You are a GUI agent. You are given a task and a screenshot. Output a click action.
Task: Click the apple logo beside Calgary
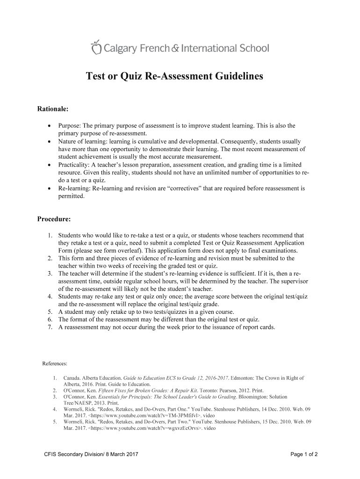[x=95, y=47]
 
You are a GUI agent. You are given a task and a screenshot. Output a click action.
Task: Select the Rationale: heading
[x=53, y=109]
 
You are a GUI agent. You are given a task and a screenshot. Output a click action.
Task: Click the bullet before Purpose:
[x=49, y=126]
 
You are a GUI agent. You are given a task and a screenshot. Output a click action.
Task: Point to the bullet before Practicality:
[x=49, y=165]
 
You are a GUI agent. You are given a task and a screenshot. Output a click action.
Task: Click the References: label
[x=55, y=363]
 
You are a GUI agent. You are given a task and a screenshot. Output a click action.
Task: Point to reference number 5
[x=55, y=421]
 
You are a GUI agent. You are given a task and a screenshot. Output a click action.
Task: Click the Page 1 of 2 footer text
[x=304, y=454]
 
